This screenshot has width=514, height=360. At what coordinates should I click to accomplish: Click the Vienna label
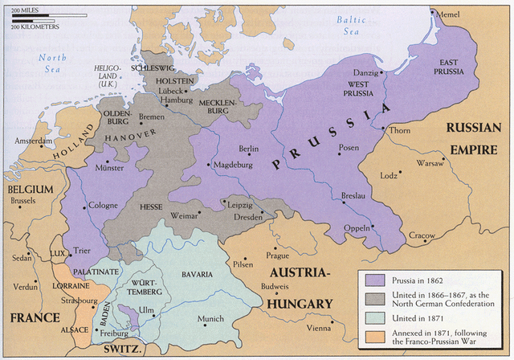pos(319,329)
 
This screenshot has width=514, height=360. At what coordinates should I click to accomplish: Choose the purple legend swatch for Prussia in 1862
pos(373,280)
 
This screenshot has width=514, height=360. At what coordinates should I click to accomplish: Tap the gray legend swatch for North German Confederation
pos(373,300)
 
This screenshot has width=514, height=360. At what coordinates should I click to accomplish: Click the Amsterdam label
pos(34,141)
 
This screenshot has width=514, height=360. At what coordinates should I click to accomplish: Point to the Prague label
pos(277,256)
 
